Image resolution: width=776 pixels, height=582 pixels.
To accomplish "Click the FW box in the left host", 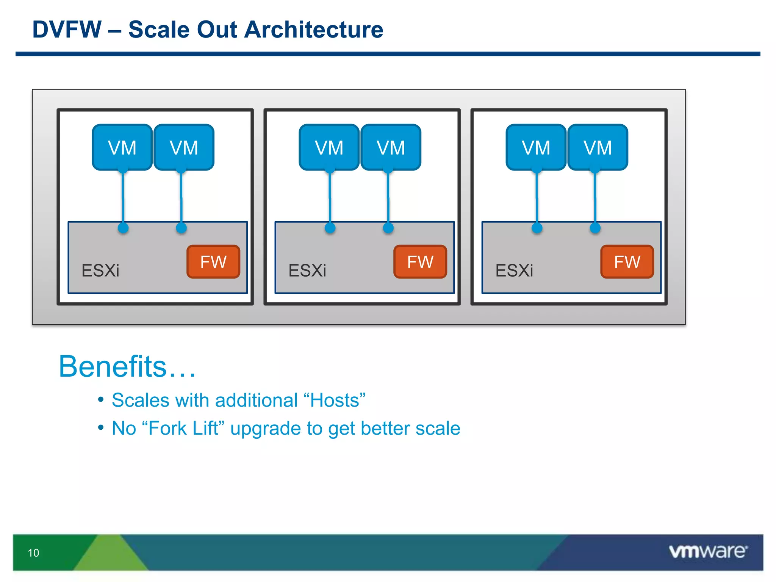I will (x=213, y=262).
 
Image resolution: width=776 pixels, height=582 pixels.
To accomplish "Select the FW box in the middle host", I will (x=420, y=262).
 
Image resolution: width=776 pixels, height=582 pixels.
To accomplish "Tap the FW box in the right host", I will (x=627, y=262).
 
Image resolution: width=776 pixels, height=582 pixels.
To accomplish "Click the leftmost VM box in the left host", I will (x=122, y=147).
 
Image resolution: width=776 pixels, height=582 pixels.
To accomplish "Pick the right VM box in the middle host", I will (x=391, y=147).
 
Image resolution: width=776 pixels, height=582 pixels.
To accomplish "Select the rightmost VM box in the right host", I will (x=598, y=147).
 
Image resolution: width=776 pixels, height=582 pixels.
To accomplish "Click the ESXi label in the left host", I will (x=100, y=271).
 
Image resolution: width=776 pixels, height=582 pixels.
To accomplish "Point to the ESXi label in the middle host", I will (x=307, y=271).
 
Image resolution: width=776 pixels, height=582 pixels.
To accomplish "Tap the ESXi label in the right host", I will (x=514, y=271).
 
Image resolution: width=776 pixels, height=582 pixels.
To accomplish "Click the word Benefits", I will (x=113, y=366).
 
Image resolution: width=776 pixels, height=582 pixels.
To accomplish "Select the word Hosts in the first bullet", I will (x=335, y=401).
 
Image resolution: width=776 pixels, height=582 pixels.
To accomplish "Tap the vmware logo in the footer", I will (x=708, y=551).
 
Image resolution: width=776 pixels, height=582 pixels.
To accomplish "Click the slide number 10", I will (x=33, y=553).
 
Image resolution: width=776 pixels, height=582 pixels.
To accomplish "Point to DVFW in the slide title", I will (x=67, y=30).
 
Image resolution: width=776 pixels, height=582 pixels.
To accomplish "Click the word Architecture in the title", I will (x=313, y=30).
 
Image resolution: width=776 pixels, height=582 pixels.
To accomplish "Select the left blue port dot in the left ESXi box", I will (x=123, y=228).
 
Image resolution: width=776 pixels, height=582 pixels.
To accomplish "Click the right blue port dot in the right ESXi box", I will (x=595, y=228).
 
